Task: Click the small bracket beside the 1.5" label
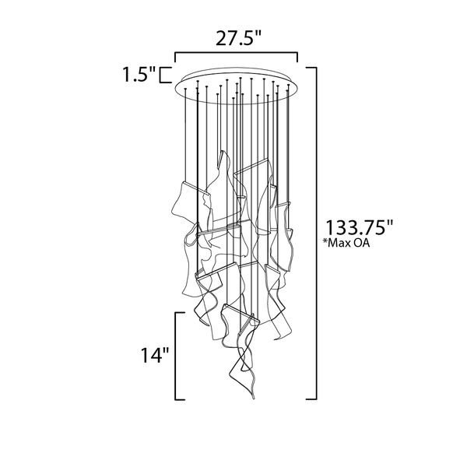[x=164, y=75]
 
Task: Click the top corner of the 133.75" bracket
[x=314, y=68]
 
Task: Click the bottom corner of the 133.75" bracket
[x=314, y=398]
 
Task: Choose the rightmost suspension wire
[x=290, y=140]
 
